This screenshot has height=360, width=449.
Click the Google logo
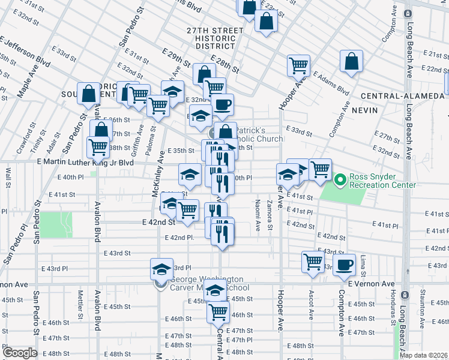19,353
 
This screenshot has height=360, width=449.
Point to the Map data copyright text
424,355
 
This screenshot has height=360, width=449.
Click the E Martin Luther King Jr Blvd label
85,163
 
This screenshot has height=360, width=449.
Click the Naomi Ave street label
258,215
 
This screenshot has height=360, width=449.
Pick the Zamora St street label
270,215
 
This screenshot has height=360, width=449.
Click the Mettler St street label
80,304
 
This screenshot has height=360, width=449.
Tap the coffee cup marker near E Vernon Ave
345,265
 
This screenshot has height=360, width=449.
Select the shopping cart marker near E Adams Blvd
298,66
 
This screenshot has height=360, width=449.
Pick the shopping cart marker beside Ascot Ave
313,262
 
